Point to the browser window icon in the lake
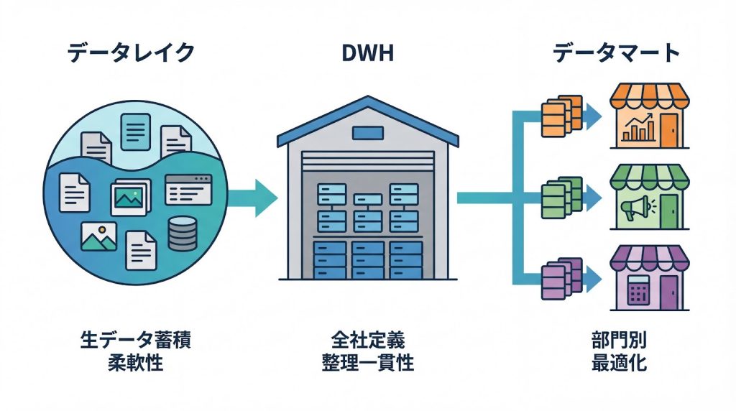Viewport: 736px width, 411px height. tap(188, 190)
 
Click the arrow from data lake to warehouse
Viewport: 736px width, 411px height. tap(254, 195)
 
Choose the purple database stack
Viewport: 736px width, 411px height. tap(561, 277)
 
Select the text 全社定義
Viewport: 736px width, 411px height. tap(368, 339)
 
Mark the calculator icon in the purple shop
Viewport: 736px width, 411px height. tap(638, 290)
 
